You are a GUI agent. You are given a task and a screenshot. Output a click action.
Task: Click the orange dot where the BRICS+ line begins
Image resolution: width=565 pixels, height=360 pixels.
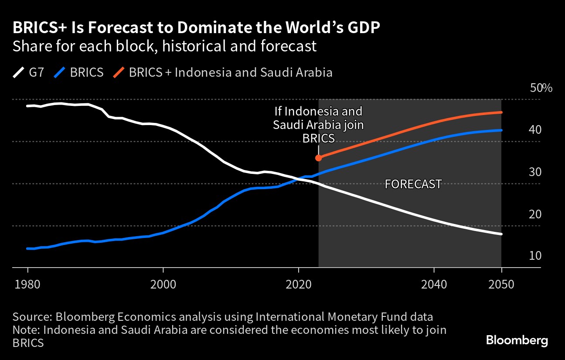point(319,158)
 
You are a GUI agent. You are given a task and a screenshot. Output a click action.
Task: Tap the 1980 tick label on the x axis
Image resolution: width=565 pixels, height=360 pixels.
point(27,285)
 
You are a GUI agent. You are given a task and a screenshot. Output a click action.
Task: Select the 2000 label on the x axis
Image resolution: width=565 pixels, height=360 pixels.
point(163,285)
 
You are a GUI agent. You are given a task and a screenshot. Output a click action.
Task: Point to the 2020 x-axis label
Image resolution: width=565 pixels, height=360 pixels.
point(299,285)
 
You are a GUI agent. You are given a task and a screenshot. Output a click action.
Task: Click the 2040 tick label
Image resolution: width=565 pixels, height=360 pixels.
point(434,285)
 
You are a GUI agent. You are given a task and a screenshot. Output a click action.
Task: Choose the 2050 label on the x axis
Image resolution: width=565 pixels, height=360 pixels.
point(502,285)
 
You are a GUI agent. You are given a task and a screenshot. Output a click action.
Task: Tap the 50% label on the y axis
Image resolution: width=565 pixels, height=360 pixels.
point(541,88)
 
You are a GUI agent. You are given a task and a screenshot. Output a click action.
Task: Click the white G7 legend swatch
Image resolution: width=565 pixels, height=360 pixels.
point(19,72)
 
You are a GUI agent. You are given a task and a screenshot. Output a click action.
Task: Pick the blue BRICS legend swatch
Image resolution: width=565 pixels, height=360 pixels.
point(58,72)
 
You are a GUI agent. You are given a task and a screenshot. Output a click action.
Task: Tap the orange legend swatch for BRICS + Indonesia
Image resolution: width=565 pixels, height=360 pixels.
point(119,72)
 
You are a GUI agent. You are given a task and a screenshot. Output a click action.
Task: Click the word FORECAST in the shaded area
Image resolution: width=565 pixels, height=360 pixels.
point(413,184)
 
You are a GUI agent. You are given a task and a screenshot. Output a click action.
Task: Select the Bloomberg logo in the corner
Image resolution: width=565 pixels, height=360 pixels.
point(517,340)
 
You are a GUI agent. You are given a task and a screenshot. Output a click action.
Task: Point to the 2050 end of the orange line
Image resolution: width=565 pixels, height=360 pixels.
point(501,112)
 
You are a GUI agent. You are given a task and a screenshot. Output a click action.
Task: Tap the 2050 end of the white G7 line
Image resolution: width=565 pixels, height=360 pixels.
point(501,234)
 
